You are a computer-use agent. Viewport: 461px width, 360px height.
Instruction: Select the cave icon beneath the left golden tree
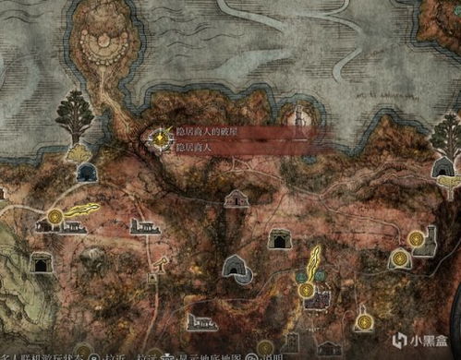click(x=87, y=172)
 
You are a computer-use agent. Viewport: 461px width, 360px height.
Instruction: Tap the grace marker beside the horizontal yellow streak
click(x=55, y=217)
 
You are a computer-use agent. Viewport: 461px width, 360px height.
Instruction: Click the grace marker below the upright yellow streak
click(x=306, y=290)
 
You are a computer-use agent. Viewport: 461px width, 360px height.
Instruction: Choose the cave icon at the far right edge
click(x=443, y=167)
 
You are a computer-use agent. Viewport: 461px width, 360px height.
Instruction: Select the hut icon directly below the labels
click(x=237, y=198)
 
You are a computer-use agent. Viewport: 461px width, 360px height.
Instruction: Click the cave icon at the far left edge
click(x=41, y=263)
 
